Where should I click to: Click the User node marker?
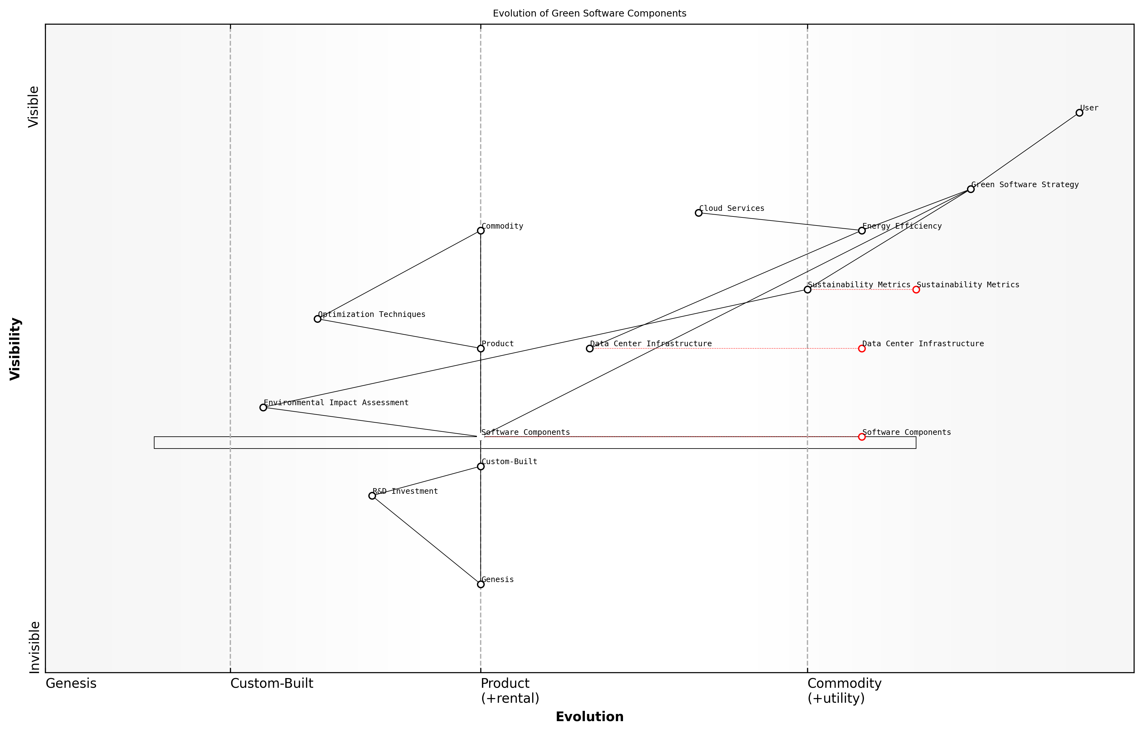pos(1079,113)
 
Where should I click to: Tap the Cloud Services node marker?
pos(699,213)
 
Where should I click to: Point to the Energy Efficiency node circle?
pos(861,231)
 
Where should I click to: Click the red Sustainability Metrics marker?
pos(916,289)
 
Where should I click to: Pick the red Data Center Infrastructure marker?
pos(861,348)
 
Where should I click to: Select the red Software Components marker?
pos(861,436)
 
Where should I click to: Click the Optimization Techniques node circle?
pos(318,319)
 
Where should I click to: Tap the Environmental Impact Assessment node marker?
pos(263,407)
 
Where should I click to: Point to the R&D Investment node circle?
pos(372,496)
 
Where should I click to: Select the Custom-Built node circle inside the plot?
pos(481,466)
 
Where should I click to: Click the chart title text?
pos(589,13)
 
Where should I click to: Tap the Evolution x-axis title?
pos(589,717)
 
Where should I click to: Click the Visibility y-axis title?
pos(15,348)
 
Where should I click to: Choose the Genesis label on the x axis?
pos(71,683)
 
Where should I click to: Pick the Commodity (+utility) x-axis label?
pos(844,691)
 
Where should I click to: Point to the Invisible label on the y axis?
pos(34,647)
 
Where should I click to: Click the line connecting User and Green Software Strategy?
pos(1025,151)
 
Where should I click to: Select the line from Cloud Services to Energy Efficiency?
pos(780,222)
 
